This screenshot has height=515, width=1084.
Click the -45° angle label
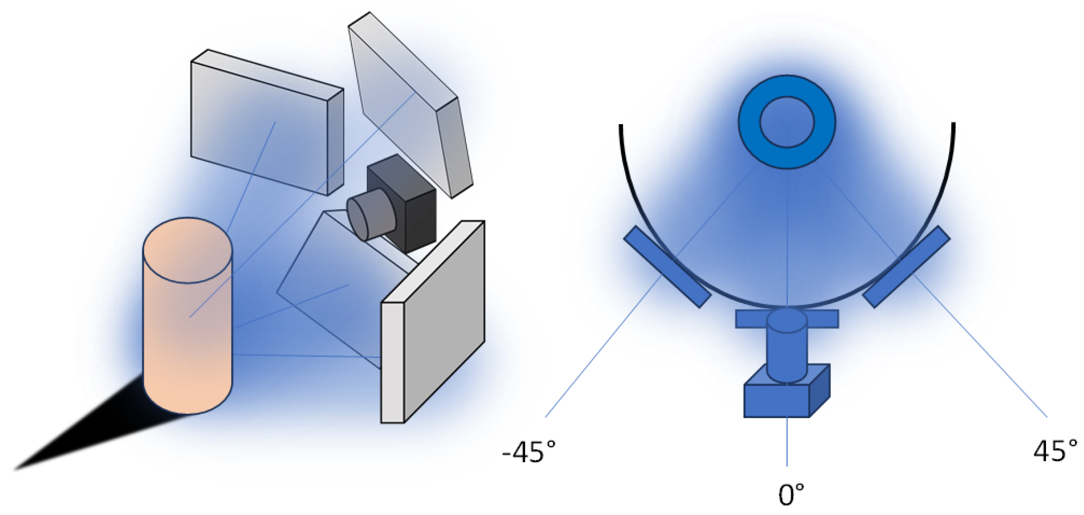pyautogui.click(x=529, y=451)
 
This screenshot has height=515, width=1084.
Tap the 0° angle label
pyautogui.click(x=791, y=495)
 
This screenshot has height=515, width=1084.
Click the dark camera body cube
pyautogui.click(x=409, y=209)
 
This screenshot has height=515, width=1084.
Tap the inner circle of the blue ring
pyautogui.click(x=787, y=122)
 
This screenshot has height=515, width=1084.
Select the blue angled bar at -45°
pyautogui.click(x=667, y=267)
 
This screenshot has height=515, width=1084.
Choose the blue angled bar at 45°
pyautogui.click(x=906, y=267)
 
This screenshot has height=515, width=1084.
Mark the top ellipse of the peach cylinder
pyautogui.click(x=188, y=250)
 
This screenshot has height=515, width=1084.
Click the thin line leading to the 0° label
pyautogui.click(x=787, y=442)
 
